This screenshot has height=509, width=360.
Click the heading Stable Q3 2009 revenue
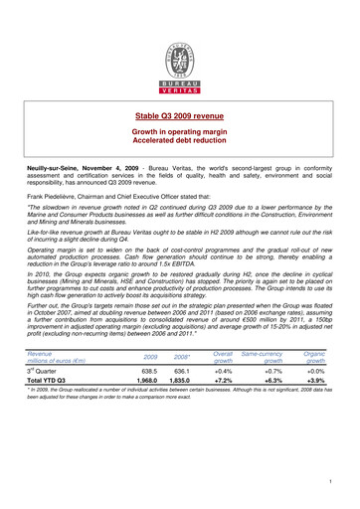(180, 116)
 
